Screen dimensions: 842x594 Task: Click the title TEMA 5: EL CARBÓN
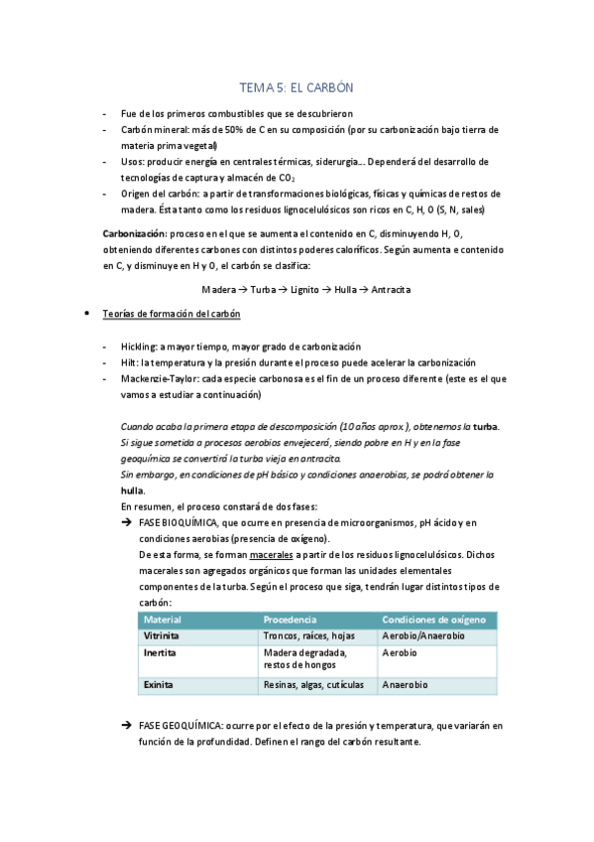click(297, 87)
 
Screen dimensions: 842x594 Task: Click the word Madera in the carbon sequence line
click(218, 289)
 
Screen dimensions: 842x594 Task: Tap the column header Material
click(164, 620)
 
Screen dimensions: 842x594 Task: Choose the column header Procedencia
click(290, 620)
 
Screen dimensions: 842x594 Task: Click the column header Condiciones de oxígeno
click(433, 620)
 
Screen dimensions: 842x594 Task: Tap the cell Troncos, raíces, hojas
click(308, 635)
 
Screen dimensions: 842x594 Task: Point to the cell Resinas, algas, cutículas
click(314, 685)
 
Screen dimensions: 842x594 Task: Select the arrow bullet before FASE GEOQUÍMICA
click(127, 727)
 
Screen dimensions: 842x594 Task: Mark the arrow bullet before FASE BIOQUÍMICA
click(127, 523)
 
